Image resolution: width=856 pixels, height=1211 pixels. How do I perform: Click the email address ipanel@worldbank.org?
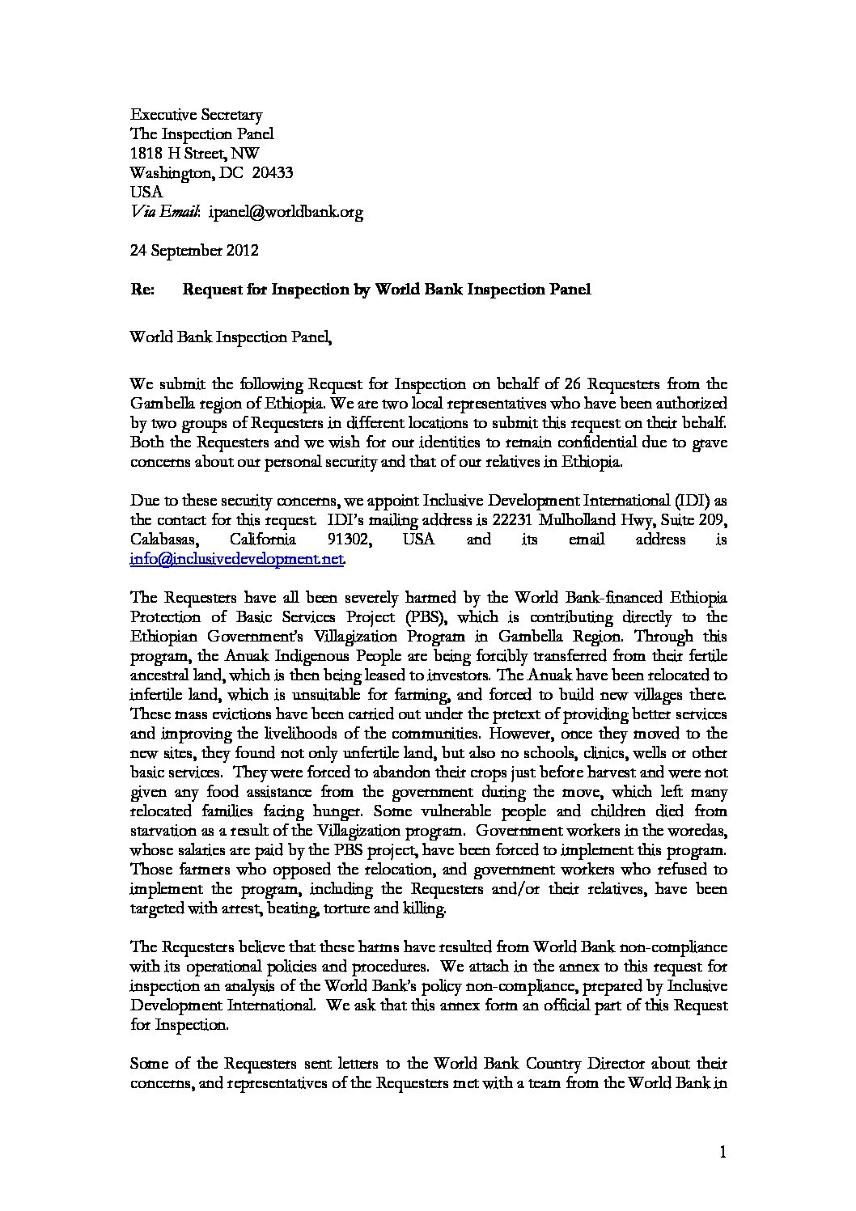[x=286, y=212]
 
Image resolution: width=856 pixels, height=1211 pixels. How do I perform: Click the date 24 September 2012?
[x=194, y=250]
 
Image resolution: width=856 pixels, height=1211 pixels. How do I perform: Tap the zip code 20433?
[x=273, y=173]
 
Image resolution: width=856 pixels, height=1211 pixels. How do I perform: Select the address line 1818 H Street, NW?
[x=195, y=154]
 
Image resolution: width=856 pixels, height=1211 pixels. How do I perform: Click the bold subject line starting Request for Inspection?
[x=387, y=290]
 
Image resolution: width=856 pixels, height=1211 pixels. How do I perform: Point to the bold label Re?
[x=143, y=290]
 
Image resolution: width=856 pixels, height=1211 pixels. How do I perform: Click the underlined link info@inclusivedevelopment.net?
[x=237, y=558]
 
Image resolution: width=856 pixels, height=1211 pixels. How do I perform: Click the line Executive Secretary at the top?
[x=197, y=115]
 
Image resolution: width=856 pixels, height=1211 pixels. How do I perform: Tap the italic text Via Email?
[x=165, y=212]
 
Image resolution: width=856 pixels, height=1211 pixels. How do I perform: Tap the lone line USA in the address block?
[x=146, y=193]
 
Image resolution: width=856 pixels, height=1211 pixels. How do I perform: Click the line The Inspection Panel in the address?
[x=202, y=134]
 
